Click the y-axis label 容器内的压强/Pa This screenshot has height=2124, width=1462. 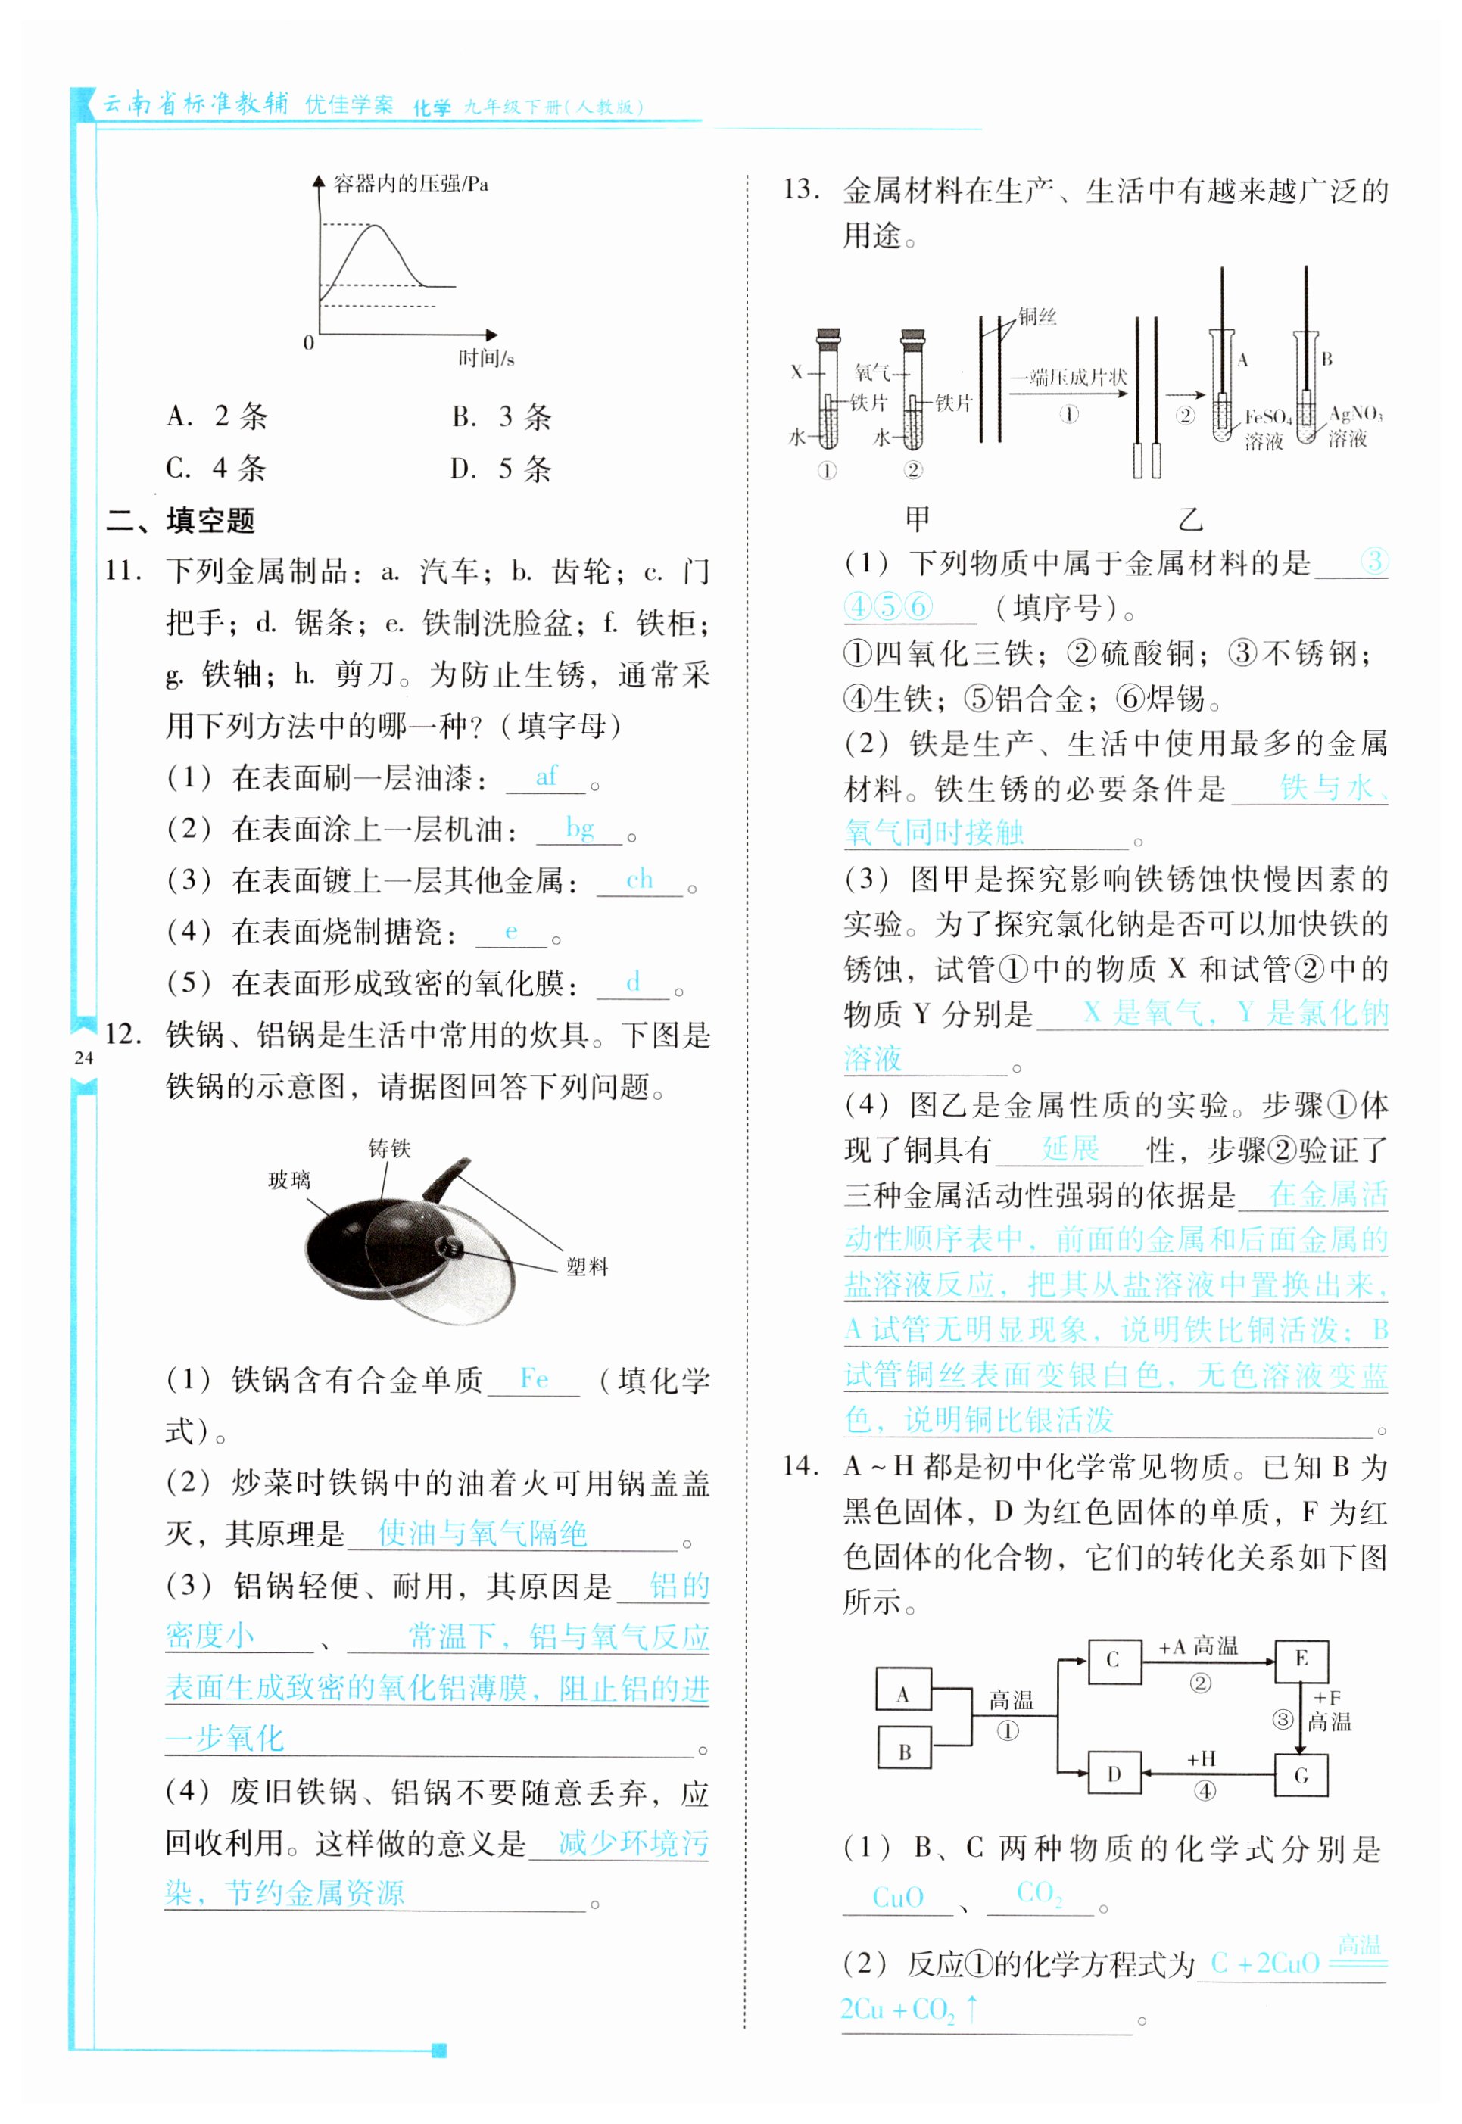click(x=410, y=184)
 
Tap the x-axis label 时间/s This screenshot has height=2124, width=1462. click(x=485, y=359)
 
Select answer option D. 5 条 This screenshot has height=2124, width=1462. click(x=500, y=470)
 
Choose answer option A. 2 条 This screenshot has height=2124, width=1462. click(x=217, y=417)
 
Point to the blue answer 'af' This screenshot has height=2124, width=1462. click(x=546, y=777)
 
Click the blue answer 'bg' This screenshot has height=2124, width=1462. click(x=580, y=828)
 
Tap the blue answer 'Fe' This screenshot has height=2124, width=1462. click(x=534, y=1378)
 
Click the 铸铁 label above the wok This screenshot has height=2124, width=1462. click(x=389, y=1148)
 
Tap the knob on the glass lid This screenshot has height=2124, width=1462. click(x=449, y=1247)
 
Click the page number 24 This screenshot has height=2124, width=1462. click(x=83, y=1058)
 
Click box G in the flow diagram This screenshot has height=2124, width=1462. click(x=1301, y=1776)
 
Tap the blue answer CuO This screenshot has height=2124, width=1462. click(x=898, y=1897)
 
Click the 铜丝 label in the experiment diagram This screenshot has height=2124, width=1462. click(x=1038, y=317)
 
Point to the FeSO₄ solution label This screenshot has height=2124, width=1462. click(x=1267, y=428)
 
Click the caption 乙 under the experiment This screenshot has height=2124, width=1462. click(x=1190, y=519)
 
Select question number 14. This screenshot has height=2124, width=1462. click(x=800, y=1466)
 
